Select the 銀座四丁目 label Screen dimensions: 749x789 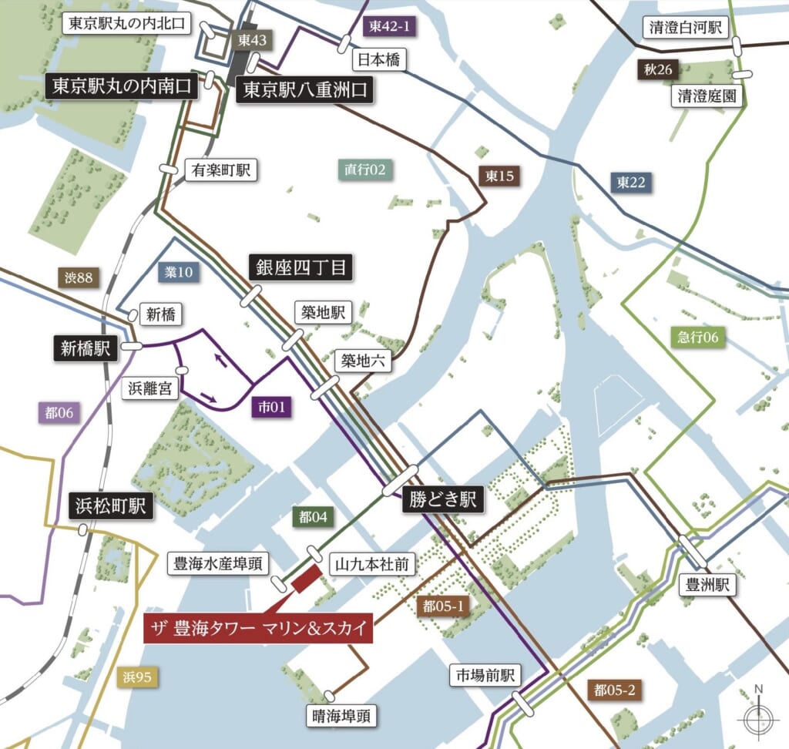tap(301, 268)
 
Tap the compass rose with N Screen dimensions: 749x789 tap(758, 718)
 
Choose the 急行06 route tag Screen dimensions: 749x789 tap(698, 336)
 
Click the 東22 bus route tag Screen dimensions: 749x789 tap(631, 183)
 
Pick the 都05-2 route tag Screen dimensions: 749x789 tap(614, 690)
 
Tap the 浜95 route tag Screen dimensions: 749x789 tap(139, 678)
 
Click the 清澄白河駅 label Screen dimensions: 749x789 tap(685, 28)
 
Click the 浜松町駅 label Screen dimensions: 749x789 tap(110, 506)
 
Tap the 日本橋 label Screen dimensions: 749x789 tap(379, 59)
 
